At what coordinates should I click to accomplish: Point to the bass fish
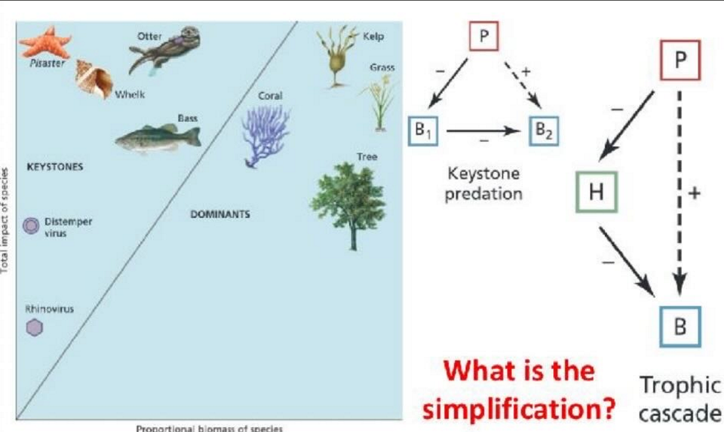(157, 138)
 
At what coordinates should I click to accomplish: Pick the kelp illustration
(337, 55)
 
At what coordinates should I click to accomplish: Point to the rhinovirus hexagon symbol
(34, 329)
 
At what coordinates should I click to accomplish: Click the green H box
(596, 192)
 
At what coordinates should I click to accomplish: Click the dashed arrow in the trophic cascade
(679, 184)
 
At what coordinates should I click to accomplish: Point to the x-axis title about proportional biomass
(210, 428)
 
